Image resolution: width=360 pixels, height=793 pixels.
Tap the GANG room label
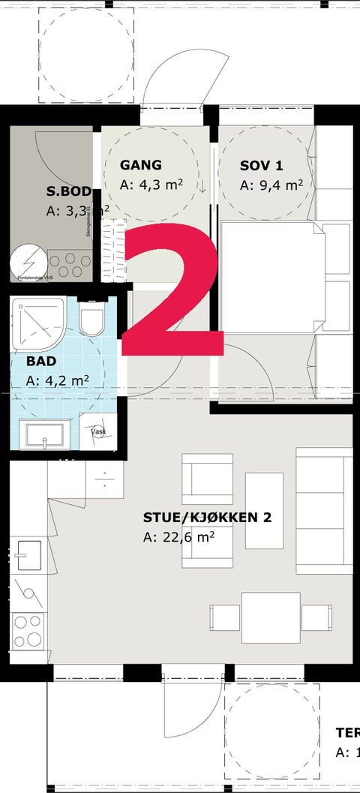(141, 166)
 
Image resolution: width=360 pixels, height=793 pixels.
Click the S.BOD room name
(68, 192)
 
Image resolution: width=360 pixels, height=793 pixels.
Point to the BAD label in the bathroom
(40, 361)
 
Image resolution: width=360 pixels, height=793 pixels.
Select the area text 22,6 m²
(179, 536)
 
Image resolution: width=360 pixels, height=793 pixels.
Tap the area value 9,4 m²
(271, 185)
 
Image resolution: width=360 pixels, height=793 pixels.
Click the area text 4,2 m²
(57, 380)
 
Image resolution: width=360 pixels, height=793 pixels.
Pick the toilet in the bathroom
(93, 319)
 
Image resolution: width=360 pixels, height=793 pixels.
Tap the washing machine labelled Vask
(98, 432)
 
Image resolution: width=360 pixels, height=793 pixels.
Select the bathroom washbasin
(44, 434)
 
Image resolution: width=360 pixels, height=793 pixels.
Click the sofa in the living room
(324, 511)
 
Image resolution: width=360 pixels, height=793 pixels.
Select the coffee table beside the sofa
(264, 511)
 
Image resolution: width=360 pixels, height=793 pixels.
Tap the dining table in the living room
(271, 617)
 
